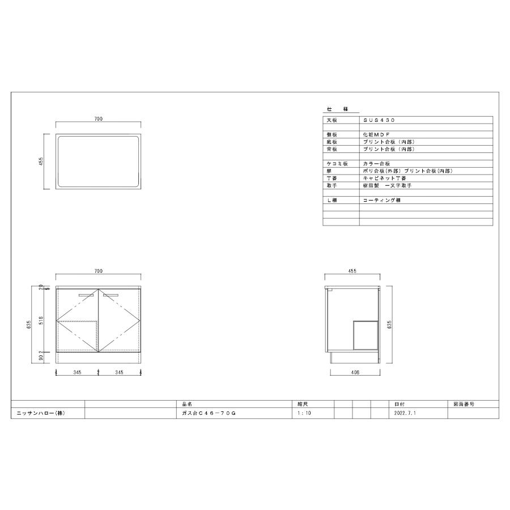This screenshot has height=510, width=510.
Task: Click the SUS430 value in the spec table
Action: click(379, 121)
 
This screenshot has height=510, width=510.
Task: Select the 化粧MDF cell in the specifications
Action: click(376, 135)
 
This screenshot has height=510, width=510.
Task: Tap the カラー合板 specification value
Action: click(376, 163)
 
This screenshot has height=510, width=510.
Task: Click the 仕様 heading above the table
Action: click(337, 108)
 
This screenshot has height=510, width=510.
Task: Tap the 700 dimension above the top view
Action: click(98, 120)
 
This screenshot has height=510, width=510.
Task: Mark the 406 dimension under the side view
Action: click(355, 373)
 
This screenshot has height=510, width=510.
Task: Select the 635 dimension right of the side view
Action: click(390, 322)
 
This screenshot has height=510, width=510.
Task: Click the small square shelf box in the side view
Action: click(365, 334)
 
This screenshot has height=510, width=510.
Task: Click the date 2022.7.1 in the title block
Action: click(404, 414)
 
